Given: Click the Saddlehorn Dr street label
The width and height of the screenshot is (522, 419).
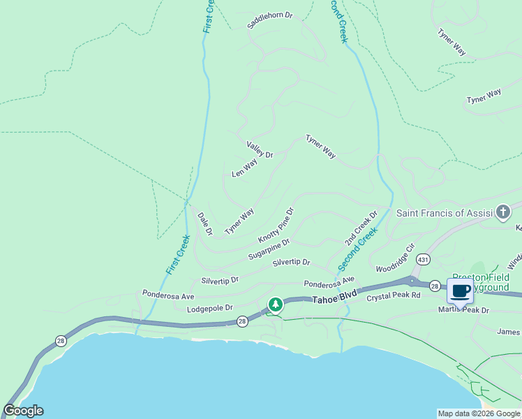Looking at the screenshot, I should [x=269, y=20].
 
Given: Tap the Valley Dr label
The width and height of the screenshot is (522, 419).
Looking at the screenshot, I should [x=260, y=149].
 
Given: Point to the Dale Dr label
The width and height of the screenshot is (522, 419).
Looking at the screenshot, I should [x=204, y=223].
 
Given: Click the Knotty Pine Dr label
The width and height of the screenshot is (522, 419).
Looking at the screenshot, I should [x=276, y=224].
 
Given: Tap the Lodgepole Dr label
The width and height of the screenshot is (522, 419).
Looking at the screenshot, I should [x=209, y=308].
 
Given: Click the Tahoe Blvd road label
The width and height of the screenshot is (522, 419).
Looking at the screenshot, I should [x=334, y=299].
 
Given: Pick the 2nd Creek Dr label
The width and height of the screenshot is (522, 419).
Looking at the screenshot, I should [x=361, y=228].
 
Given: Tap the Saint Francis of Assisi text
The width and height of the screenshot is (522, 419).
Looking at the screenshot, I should [x=443, y=213].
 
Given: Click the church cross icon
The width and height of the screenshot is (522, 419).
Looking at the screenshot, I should [x=503, y=213].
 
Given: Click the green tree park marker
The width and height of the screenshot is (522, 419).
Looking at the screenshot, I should [x=276, y=304].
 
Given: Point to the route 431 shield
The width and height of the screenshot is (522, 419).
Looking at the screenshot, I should [x=422, y=260].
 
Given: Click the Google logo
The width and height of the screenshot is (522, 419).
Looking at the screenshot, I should [x=23, y=411].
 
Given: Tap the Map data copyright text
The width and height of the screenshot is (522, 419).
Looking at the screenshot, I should [x=479, y=413].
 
